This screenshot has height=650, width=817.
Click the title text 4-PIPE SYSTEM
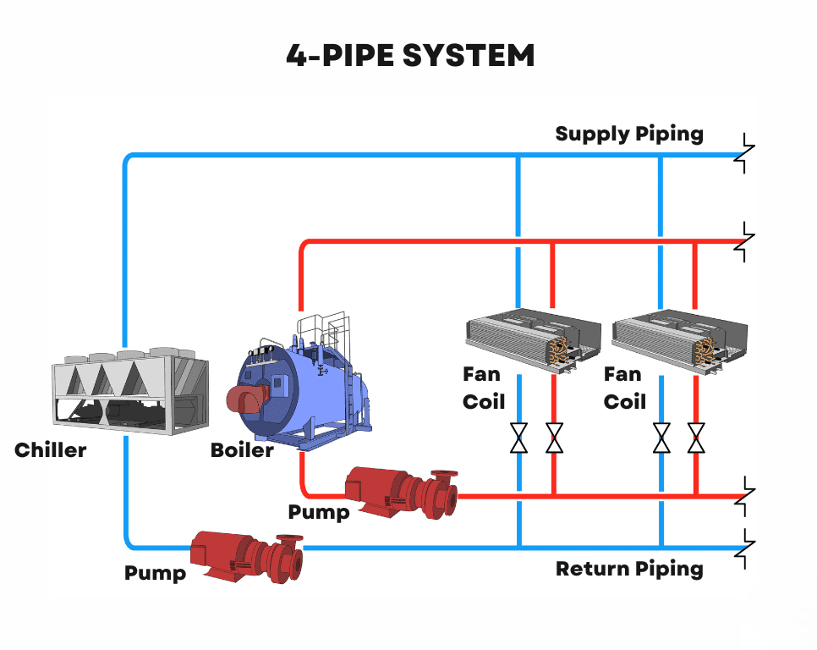409,56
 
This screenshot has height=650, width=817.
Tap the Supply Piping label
629,134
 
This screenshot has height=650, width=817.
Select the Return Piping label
629,568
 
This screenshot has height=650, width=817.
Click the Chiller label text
51,449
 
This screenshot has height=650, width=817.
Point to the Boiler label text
242,449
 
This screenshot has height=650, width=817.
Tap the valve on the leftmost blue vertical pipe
518,438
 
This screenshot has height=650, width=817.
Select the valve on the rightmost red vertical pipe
696,438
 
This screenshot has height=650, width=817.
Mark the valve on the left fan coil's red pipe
554,438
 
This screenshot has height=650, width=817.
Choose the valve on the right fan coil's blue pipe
661,438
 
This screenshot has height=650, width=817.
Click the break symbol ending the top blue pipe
745,154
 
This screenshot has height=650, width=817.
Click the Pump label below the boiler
318,512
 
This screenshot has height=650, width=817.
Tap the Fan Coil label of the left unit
483,387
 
